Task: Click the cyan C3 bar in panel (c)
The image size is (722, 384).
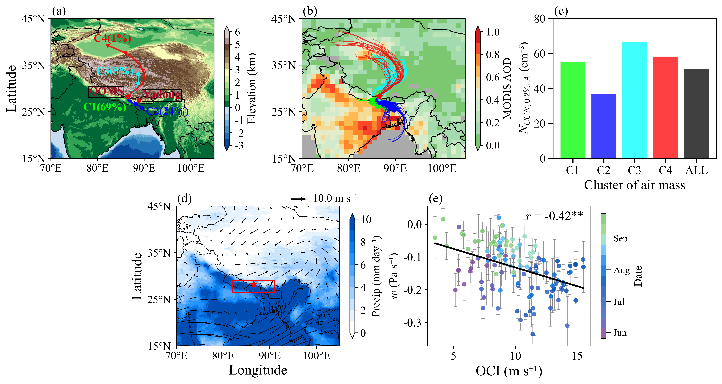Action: pos(635,100)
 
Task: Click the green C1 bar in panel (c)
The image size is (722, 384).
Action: pos(573,110)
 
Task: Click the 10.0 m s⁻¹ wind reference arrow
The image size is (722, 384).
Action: pos(298,199)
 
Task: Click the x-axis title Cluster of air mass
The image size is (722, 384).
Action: pos(635,185)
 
